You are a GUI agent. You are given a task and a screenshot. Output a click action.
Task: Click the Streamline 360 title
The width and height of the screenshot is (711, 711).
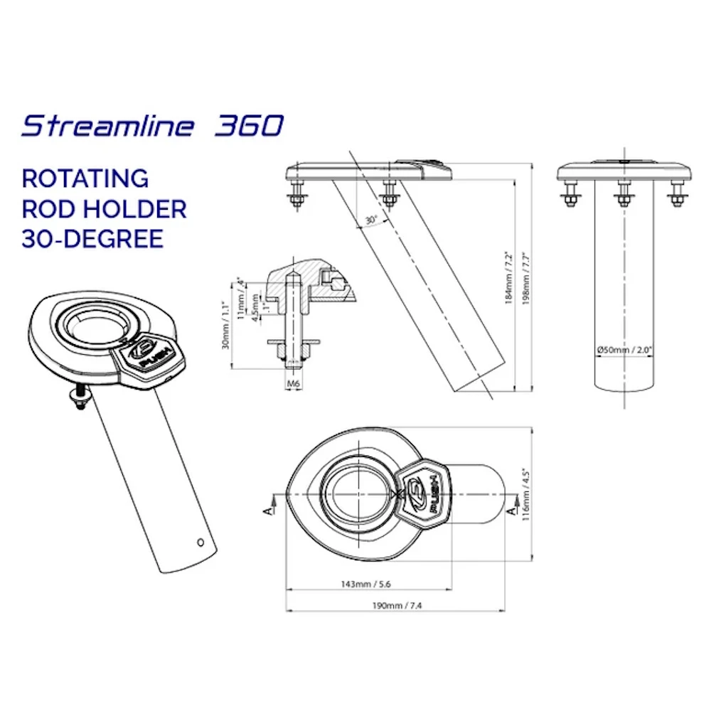tap(153, 126)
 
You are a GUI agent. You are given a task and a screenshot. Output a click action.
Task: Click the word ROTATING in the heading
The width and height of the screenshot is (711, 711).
tap(85, 178)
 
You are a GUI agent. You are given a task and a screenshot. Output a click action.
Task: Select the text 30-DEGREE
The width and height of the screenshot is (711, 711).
tap(92, 239)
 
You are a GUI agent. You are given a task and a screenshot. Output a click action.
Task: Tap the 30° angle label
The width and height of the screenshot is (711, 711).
tap(371, 220)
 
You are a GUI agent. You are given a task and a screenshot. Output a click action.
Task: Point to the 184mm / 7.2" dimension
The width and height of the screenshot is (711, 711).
tap(508, 278)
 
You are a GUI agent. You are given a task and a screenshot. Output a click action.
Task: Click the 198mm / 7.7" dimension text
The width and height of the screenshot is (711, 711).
tap(525, 278)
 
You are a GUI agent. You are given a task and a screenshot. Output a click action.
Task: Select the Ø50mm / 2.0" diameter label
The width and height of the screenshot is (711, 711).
tap(624, 350)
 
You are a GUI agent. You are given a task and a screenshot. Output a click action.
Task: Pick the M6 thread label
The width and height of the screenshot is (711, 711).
tap(294, 384)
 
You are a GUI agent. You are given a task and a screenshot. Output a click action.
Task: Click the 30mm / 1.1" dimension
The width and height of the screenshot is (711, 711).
tap(226, 325)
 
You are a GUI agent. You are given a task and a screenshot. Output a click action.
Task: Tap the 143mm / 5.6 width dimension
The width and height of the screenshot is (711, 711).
tap(365, 584)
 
